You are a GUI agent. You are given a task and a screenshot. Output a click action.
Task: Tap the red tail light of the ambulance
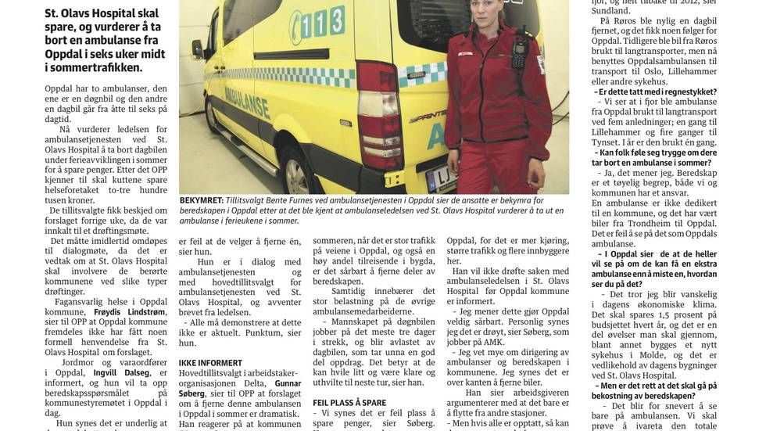(381, 113)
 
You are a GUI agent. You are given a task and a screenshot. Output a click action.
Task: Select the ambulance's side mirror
(198, 49)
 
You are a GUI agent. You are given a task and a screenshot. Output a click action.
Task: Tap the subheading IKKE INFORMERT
(210, 363)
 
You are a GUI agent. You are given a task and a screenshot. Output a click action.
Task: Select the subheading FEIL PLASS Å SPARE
(349, 403)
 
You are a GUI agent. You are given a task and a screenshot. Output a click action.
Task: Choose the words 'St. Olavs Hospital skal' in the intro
(102, 13)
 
